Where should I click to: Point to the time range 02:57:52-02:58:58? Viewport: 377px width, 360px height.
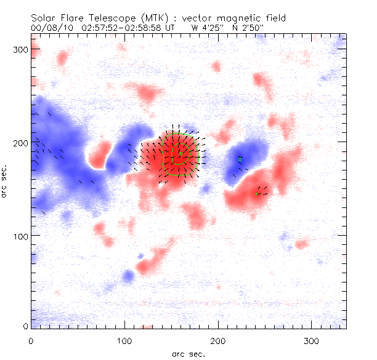[x=120, y=28]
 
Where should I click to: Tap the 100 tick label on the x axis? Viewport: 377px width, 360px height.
[x=124, y=340]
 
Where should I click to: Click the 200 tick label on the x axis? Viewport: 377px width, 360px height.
[x=217, y=340]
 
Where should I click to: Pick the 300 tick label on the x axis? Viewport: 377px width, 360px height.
[x=311, y=340]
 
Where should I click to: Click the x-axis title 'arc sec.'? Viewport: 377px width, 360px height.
[x=188, y=354]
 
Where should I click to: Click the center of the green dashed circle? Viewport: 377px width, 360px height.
[x=178, y=154]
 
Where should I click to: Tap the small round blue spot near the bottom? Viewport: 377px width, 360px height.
[x=128, y=275]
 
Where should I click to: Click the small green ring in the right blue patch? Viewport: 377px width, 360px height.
[x=240, y=158]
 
